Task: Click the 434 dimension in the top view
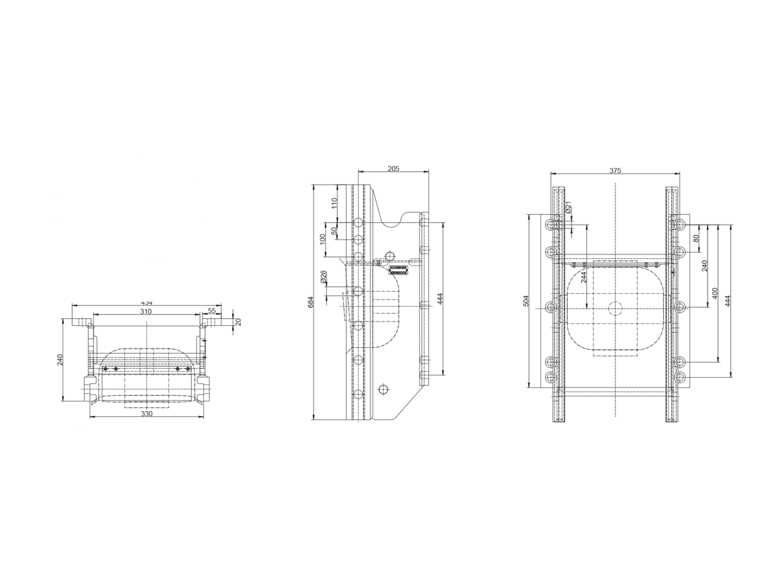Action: pyautogui.click(x=147, y=303)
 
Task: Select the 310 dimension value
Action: pyautogui.click(x=146, y=311)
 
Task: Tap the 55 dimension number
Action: pyautogui.click(x=212, y=311)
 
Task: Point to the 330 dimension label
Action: pyautogui.click(x=146, y=414)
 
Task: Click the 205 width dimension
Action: pyautogui.click(x=393, y=168)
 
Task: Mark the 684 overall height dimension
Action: pyautogui.click(x=310, y=302)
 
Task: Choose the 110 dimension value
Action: pyautogui.click(x=334, y=203)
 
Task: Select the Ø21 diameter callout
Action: pyautogui.click(x=568, y=207)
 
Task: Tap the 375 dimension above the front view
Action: pyautogui.click(x=615, y=170)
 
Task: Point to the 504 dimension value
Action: pyautogui.click(x=526, y=301)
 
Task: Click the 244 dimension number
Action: pyautogui.click(x=583, y=277)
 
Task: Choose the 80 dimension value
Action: pyautogui.click(x=696, y=238)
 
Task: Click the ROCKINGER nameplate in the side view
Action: pyautogui.click(x=398, y=269)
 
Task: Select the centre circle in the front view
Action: pyautogui.click(x=615, y=308)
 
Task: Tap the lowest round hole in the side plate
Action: pyautogui.click(x=384, y=389)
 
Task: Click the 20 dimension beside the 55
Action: pyautogui.click(x=238, y=321)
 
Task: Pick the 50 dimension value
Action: pyautogui.click(x=334, y=230)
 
